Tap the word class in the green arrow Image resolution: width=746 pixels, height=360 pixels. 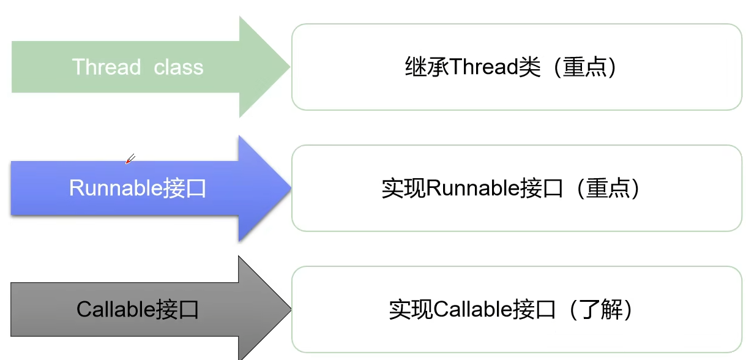(178, 67)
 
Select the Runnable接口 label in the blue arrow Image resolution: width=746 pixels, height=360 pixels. (138, 188)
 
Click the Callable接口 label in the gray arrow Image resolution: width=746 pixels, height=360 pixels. (138, 309)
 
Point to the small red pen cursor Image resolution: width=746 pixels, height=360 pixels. (129, 159)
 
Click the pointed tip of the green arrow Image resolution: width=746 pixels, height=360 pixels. (289, 67)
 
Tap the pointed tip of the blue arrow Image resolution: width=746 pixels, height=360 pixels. (289, 188)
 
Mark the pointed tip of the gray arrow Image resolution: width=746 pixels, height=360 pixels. (289, 308)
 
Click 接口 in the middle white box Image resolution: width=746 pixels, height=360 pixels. (542, 188)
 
